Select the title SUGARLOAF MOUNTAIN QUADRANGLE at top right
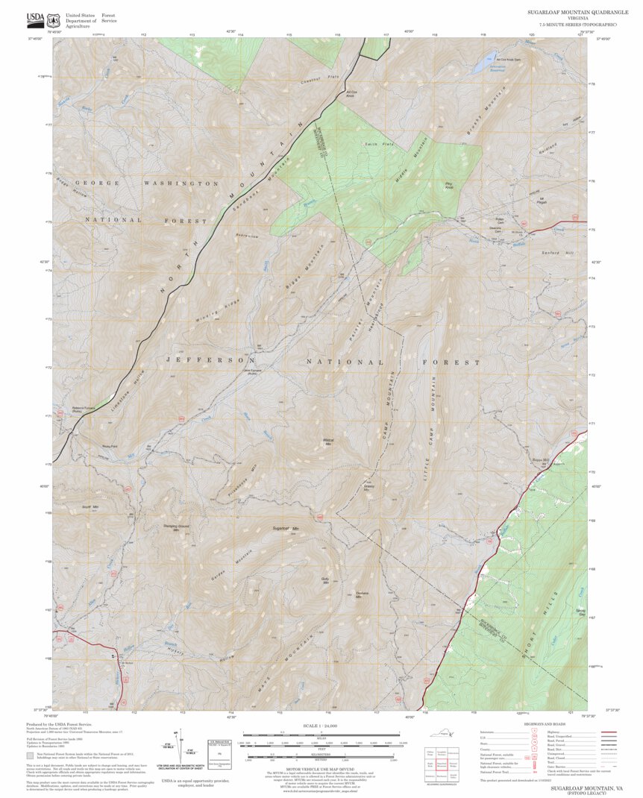pyautogui.click(x=573, y=13)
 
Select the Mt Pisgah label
pyautogui.click(x=542, y=200)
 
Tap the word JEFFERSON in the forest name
pyautogui.click(x=205, y=359)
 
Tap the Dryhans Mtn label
pyautogui.click(x=363, y=594)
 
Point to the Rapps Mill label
pyautogui.click(x=540, y=459)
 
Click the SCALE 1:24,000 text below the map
pyautogui.click(x=321, y=725)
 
